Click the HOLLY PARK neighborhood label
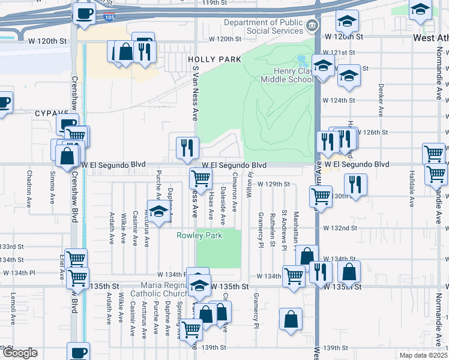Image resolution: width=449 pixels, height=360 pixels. click(214, 59)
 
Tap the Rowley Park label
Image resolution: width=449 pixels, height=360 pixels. click(199, 235)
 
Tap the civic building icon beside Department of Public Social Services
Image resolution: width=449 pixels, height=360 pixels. click(312, 25)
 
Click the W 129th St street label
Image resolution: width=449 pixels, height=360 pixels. click(274, 184)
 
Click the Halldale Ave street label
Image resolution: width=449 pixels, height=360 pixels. click(412, 188)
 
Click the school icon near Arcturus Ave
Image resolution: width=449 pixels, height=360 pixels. click(158, 212)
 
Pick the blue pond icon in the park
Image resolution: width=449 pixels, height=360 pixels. click(301, 61)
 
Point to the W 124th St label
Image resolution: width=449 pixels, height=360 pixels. click(339, 100)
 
